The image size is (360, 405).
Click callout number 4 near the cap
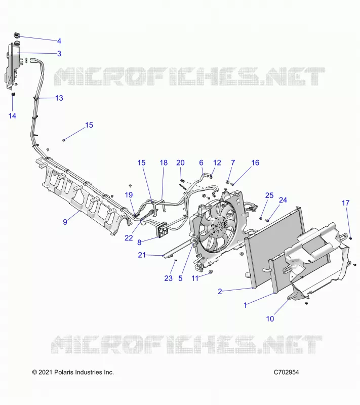pos(59,41)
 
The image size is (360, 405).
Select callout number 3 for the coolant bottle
pos(59,54)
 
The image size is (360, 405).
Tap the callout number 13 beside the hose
pos(59,98)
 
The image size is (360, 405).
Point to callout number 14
pos(12,116)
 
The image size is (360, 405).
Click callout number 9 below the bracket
pos(65,222)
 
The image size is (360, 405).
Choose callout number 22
pos(129,238)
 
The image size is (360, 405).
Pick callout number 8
pos(139,242)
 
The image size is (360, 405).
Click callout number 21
pos(142,255)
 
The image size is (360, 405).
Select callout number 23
pos(169,278)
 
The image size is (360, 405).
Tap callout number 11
pos(195,278)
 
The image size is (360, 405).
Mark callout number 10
pos(270,319)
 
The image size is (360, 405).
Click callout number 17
pos(345,204)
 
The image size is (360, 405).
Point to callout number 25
pos(269,195)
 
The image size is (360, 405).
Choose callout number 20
pos(181,163)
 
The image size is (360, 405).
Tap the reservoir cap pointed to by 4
pos(17,35)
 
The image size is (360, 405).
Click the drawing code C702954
pos(287,372)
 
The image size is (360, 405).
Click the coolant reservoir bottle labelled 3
pos(12,65)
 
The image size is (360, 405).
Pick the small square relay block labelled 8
pos(162,230)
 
